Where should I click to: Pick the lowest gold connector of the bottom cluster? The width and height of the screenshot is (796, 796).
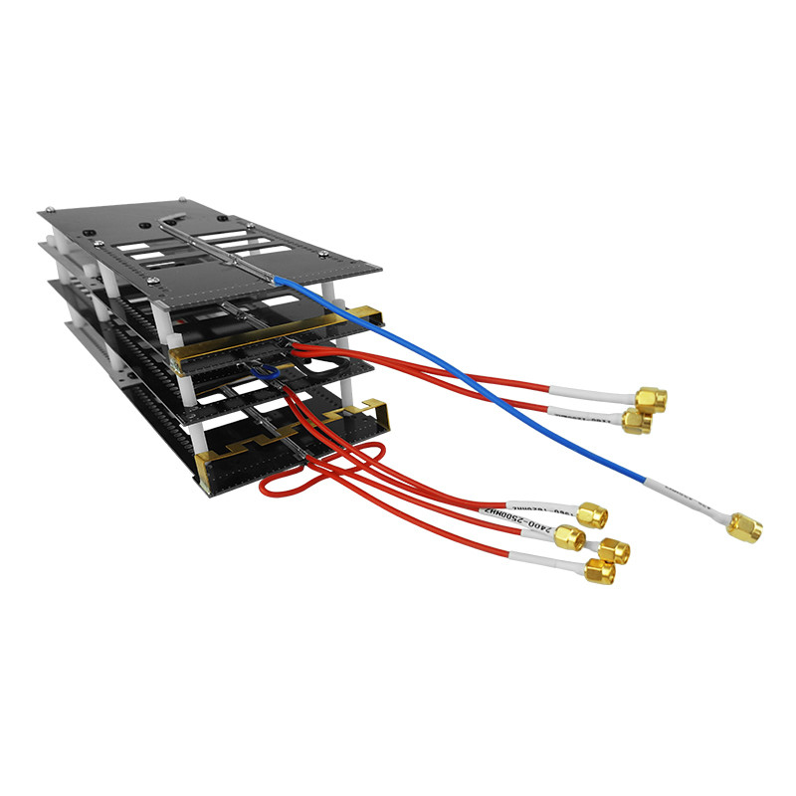coord(599,572)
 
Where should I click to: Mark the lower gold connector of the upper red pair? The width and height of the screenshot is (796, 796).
coord(635,423)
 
